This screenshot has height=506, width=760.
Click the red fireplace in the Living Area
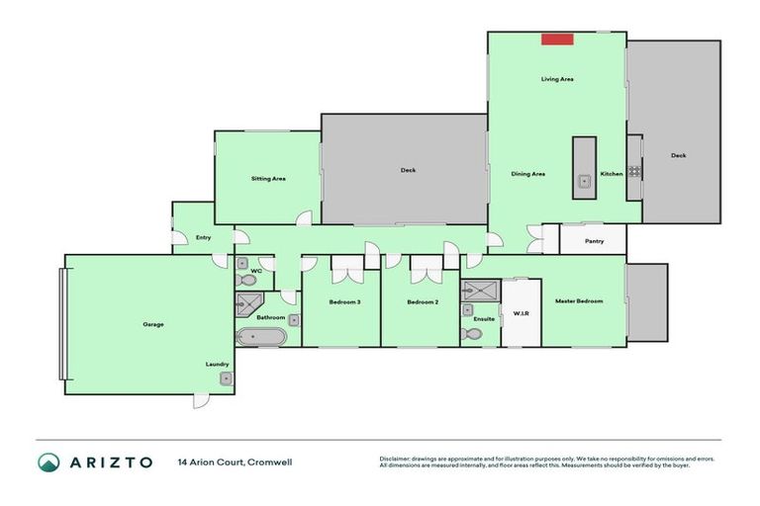557,39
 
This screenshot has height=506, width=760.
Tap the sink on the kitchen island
584,180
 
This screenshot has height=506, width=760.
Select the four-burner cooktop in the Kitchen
633,171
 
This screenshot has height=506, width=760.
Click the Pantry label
594,240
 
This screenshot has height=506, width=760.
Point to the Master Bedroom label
578,300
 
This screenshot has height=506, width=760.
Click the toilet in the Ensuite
473,334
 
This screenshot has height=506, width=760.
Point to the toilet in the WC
242,263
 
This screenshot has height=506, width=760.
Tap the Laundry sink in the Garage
226,379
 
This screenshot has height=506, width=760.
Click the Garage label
152,324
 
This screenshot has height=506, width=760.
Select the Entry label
203,237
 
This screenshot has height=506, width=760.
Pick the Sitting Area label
268,179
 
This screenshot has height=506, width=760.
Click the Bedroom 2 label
423,301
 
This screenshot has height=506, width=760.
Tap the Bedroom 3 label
343,301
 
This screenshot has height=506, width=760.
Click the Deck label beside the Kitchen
678,155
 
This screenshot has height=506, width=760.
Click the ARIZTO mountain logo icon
48,462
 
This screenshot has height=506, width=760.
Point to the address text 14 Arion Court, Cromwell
235,462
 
